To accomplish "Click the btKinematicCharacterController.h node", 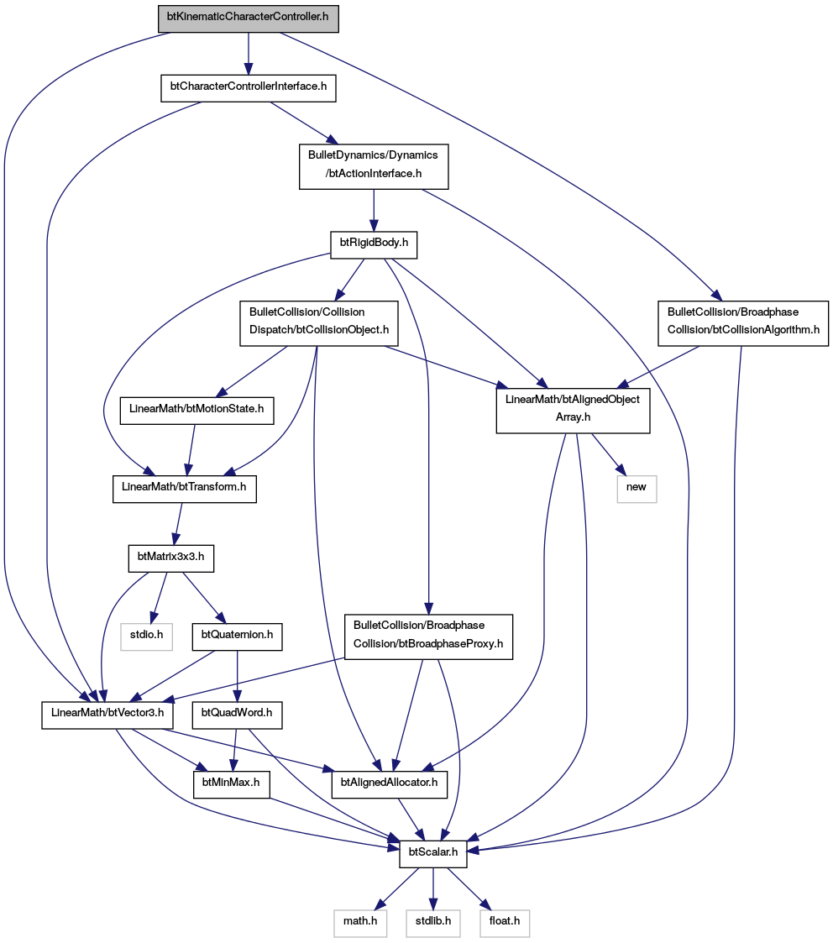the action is (x=249, y=18).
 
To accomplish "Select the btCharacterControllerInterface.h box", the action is (x=249, y=88).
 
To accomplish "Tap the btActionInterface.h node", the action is (x=374, y=166).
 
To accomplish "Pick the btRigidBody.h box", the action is (x=375, y=244).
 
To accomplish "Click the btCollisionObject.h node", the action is (x=319, y=323).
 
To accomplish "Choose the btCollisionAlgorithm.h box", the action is (x=743, y=323).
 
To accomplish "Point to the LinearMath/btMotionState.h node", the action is (x=196, y=411).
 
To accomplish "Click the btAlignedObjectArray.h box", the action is (x=573, y=410).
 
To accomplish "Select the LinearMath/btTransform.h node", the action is (x=185, y=489).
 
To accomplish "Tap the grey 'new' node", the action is (x=637, y=489).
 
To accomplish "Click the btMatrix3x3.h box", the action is (x=170, y=558).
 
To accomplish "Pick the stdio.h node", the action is (x=147, y=637).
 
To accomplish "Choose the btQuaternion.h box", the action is (x=237, y=637).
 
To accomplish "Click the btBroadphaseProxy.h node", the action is (x=428, y=637).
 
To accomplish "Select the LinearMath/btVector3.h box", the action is (x=107, y=715).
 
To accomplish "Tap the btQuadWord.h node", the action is (x=237, y=715).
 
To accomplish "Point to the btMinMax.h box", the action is (x=231, y=784).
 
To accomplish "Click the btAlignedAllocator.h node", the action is (x=389, y=784).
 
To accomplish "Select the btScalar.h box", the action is (x=433, y=854).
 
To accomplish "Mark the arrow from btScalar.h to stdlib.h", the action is (x=433, y=888).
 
